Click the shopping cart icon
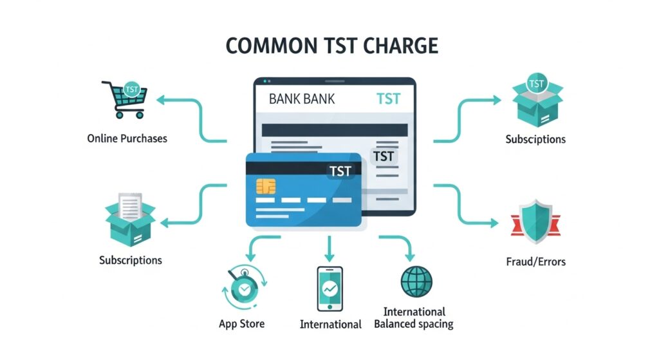pos(125,99)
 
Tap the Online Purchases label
pos(127,138)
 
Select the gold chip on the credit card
pos(266,186)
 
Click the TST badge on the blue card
pos(340,171)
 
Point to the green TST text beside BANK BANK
pos(388,99)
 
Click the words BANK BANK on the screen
pos(302,99)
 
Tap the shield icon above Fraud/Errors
pos(536,222)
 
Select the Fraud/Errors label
pos(536,261)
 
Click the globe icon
pos(416,281)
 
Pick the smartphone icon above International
pos(329,289)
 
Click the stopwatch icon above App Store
pos(244,287)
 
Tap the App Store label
pos(242,324)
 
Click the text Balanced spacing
pos(414,324)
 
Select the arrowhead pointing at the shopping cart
pos(162,100)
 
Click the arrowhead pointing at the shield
pos(494,222)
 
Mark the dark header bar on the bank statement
pos(335,130)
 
